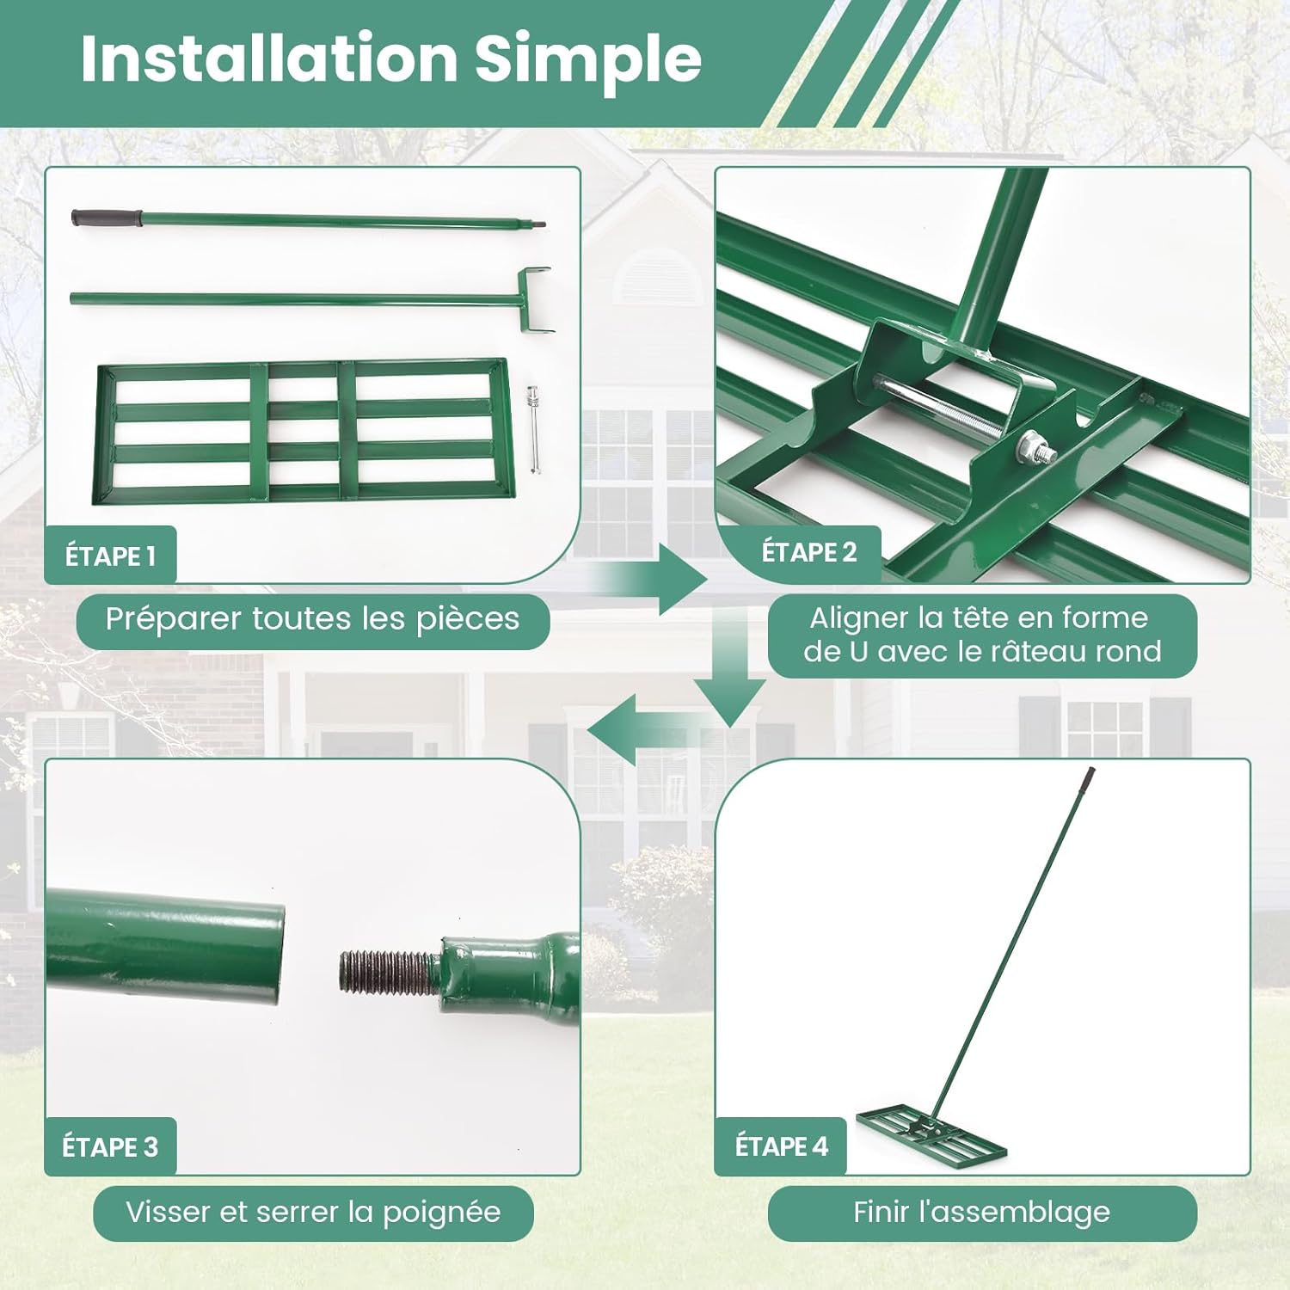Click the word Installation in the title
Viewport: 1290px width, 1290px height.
tap(269, 58)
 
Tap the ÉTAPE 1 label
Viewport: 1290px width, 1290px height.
tap(110, 556)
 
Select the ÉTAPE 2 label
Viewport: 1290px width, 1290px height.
tap(809, 552)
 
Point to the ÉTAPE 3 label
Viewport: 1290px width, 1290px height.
tap(110, 1146)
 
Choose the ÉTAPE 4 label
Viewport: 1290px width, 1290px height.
tap(781, 1146)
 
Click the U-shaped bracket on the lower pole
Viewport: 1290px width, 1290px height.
tap(533, 300)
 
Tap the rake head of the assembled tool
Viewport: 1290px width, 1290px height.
tap(931, 1133)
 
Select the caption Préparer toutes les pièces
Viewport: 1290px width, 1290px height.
tap(312, 619)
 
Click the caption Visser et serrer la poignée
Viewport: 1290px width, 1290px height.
tap(313, 1212)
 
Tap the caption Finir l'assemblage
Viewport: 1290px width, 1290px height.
tap(981, 1212)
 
